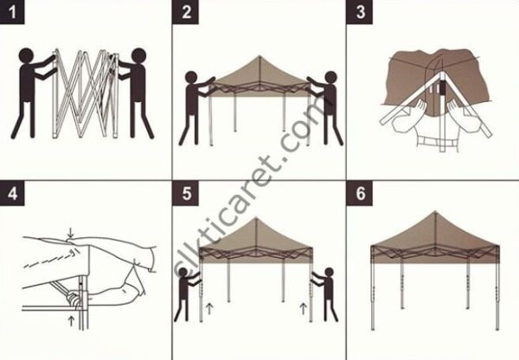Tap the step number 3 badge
point(360,13)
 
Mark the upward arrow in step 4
point(70,321)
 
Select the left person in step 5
point(184,299)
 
